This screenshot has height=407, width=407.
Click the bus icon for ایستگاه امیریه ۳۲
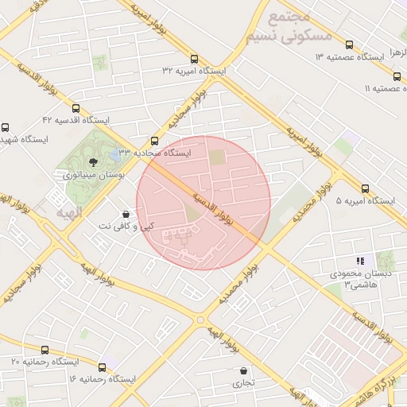tap(195, 58)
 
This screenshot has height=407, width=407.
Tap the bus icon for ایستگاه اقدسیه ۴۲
tap(76, 108)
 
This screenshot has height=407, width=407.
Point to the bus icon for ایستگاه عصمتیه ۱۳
tap(350, 45)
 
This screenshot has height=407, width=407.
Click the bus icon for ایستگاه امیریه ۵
tap(365, 188)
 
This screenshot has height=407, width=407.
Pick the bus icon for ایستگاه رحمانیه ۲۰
tap(45, 350)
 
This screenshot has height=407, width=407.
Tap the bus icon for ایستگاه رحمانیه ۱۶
tap(103, 367)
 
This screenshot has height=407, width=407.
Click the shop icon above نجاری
tap(243, 370)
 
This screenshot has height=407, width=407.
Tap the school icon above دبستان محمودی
tap(359, 260)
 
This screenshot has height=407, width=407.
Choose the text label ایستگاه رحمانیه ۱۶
tap(103, 379)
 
